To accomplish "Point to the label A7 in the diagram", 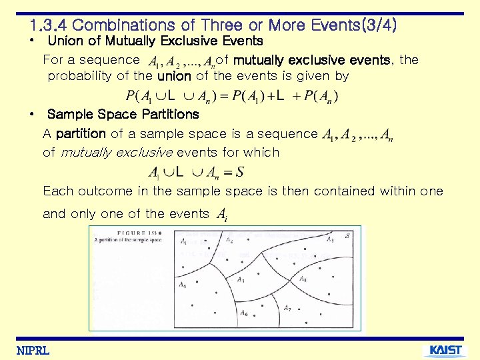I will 287,308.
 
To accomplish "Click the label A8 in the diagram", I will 303,279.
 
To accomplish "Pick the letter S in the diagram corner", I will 348,236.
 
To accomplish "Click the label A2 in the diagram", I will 229,239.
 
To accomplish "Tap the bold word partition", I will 81,134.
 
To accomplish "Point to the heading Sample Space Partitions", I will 123,114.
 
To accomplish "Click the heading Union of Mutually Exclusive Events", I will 155,41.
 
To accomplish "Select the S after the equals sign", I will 239,173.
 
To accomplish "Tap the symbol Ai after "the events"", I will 221,215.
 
